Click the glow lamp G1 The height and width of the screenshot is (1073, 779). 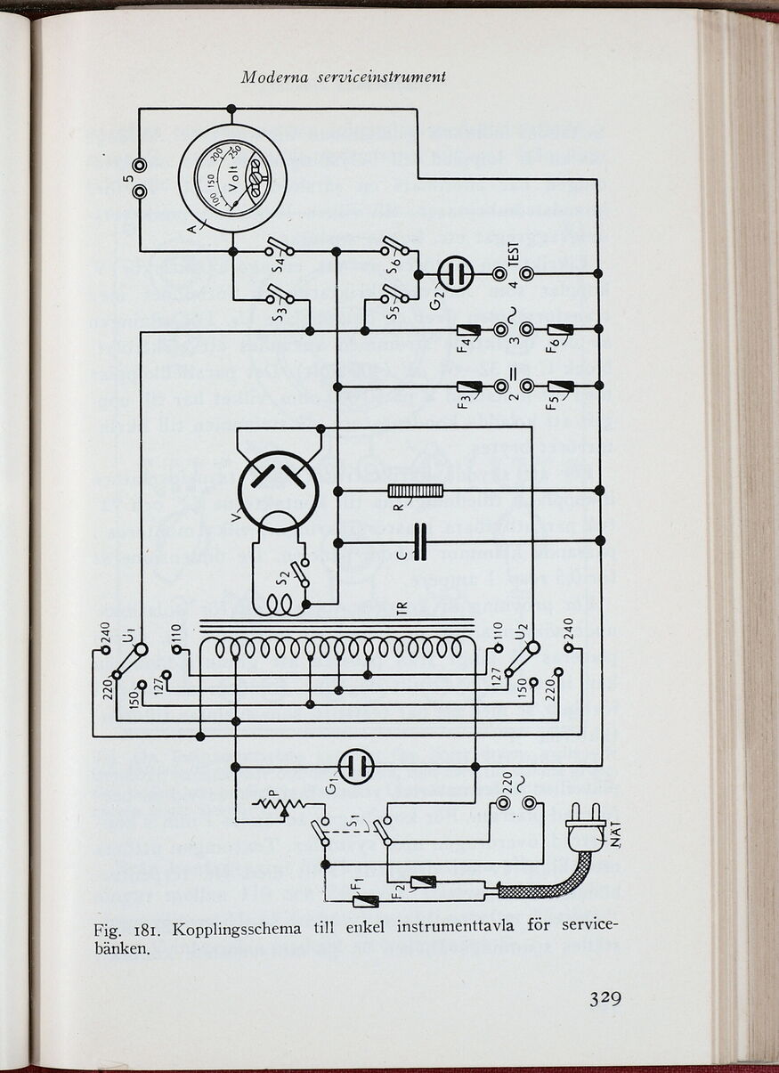coord(357,766)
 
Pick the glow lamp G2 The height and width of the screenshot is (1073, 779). coord(453,273)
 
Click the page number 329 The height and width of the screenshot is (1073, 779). coord(604,997)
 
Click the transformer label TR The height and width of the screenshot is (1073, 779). coord(402,611)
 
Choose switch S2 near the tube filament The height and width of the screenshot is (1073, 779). coord(299,579)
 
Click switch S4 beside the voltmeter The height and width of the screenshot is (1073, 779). coord(281,250)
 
